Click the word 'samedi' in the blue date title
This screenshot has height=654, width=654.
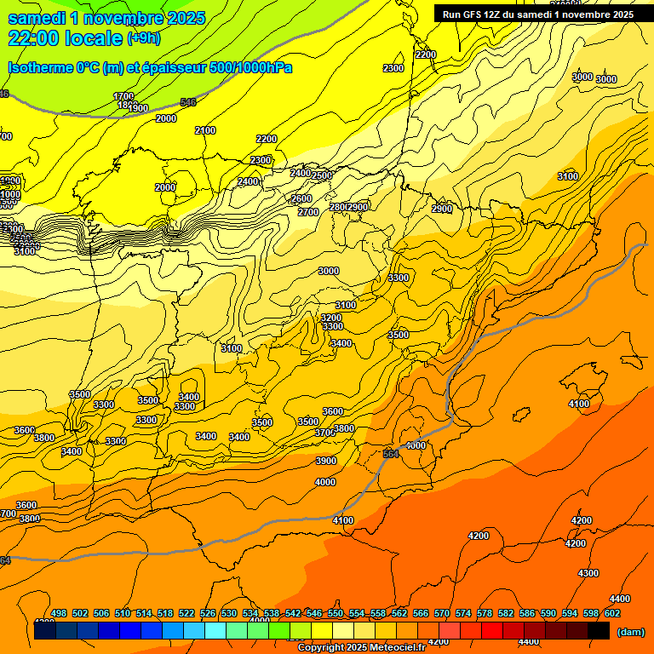pos(37,18)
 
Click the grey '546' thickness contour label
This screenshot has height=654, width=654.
pos(188,102)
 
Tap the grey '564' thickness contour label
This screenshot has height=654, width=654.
pos(391,454)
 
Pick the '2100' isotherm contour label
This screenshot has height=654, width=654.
pos(205,130)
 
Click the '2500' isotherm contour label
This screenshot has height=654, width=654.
pos(322,175)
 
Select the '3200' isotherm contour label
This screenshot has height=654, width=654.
pos(331,318)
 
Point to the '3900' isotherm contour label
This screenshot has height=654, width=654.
pos(326,461)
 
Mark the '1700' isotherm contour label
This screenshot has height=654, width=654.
pos(123,96)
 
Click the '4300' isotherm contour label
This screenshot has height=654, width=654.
pos(588,573)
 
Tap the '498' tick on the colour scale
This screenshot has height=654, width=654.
pos(59,613)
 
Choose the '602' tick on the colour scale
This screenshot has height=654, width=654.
pos(612,613)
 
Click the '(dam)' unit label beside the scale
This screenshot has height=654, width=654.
pos(630,631)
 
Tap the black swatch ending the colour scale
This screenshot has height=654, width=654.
pos(599,630)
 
